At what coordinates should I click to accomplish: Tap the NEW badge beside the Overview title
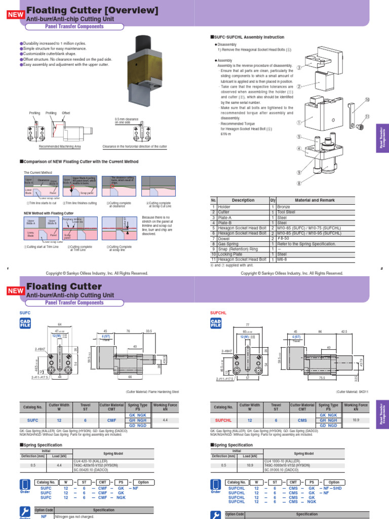pyautogui.click(x=16, y=15)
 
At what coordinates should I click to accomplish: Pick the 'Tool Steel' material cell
pyautogui.click(x=283, y=212)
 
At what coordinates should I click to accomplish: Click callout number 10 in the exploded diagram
pyautogui.click(x=367, y=100)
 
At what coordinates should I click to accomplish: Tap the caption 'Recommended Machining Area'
pyautogui.click(x=60, y=146)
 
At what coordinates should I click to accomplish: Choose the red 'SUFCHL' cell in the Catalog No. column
pyautogui.click(x=223, y=420)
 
